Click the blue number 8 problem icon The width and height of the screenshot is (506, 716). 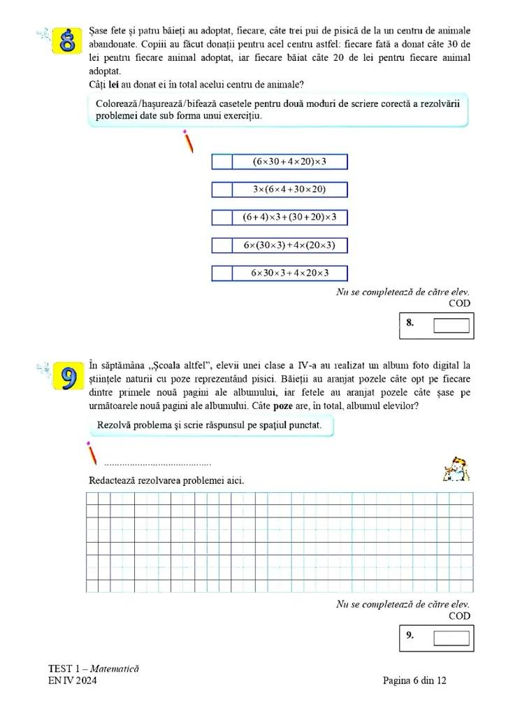coord(67,41)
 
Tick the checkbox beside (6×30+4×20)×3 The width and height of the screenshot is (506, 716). coord(222,162)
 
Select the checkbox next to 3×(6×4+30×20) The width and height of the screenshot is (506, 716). coord(222,189)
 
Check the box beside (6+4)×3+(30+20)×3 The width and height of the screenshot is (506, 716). coord(222,217)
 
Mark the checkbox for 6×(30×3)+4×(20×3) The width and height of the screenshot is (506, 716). coord(222,245)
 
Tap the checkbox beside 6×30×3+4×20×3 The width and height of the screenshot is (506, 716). coord(222,273)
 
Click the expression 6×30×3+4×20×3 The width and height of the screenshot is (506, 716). coord(289,273)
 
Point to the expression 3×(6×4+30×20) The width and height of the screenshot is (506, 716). coord(289,189)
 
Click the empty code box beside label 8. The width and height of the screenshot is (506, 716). coord(451,325)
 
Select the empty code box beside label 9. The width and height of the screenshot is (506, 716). coord(451,637)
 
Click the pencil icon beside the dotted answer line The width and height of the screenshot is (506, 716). coord(92,453)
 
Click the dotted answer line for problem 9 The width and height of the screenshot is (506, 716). coord(157,464)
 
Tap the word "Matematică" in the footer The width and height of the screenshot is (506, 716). coord(115,668)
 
